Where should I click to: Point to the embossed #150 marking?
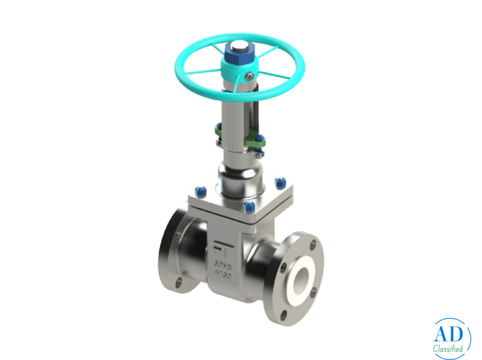click(224, 274)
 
